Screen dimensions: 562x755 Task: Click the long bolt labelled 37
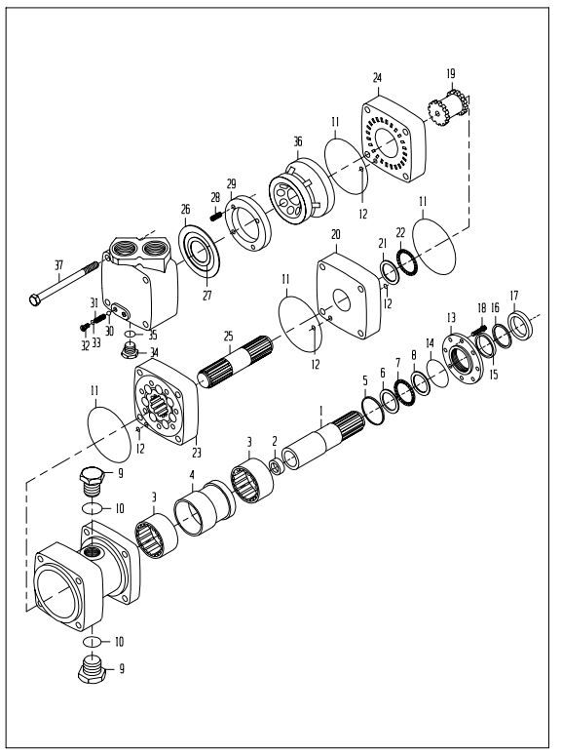point(63,283)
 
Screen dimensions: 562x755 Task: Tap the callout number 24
point(377,77)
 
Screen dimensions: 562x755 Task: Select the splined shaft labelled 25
point(236,362)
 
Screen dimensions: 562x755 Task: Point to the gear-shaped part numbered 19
point(449,108)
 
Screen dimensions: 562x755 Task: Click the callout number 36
point(298,141)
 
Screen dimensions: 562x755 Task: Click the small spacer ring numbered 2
point(276,466)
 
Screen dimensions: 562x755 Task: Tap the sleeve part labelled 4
point(205,508)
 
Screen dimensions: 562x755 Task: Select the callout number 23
point(197,453)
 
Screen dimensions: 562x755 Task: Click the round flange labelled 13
point(463,358)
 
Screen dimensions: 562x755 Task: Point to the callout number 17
point(514,296)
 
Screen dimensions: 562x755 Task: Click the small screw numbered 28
point(215,217)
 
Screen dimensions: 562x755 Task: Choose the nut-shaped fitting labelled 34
point(129,351)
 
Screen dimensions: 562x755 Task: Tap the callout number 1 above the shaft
point(321,412)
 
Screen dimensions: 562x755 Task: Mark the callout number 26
point(186,209)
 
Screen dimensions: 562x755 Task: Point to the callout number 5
point(365,380)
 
